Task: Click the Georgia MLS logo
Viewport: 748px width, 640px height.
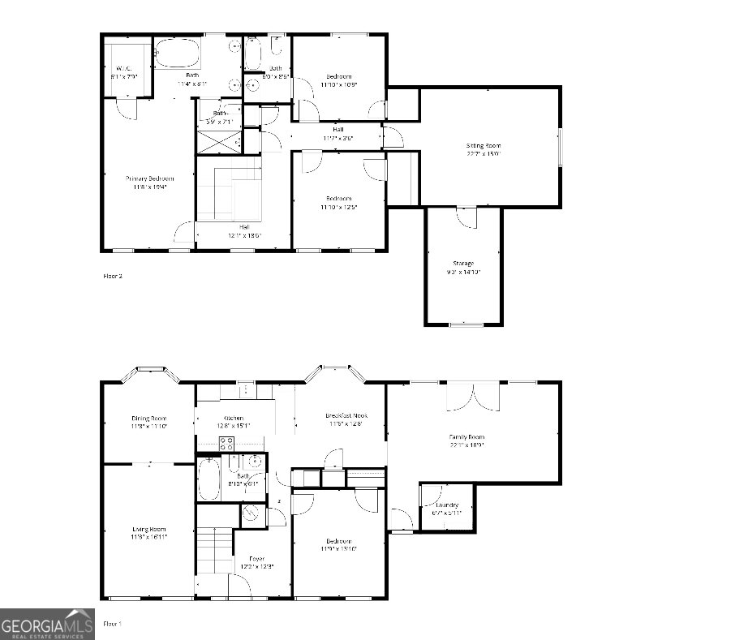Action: [47, 624]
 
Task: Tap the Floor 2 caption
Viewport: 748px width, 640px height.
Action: [112, 276]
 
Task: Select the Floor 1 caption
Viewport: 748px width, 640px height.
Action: [112, 623]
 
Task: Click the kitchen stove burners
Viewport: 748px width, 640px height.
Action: [227, 443]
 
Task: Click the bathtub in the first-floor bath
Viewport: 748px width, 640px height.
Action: [207, 479]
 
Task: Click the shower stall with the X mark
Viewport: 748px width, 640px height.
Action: [219, 142]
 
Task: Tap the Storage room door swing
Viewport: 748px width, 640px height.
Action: [466, 217]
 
